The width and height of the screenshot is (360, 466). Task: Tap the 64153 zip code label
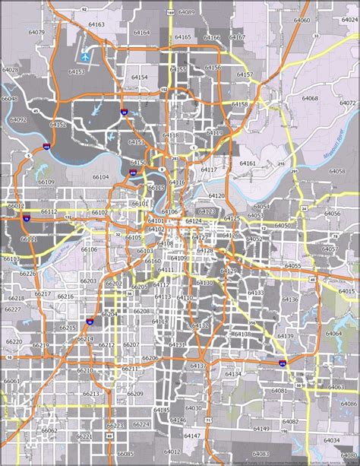pos(76,72)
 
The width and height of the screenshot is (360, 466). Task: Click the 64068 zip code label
pos(310,98)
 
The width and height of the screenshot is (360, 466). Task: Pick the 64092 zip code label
pos(18,119)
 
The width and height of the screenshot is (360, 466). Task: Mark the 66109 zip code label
pos(46,182)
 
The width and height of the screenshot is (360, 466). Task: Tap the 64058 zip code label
pos(337,171)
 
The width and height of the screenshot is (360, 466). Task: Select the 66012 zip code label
pos(16,206)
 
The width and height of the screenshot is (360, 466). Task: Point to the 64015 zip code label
pos(346,291)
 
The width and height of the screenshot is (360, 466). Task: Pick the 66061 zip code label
pos(11,381)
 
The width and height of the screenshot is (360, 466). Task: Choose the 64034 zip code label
pos(331,440)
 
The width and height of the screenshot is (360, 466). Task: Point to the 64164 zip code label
pos(141,33)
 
